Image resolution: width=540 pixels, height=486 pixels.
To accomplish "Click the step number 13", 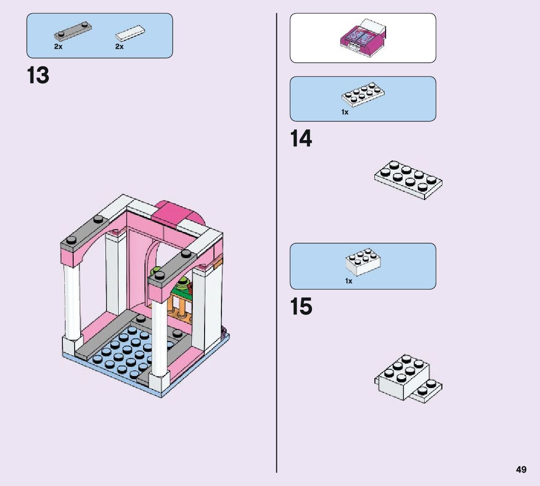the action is (x=38, y=75).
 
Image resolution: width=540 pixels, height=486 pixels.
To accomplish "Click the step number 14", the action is (x=301, y=139).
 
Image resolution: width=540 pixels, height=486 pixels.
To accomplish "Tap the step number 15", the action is (x=301, y=307).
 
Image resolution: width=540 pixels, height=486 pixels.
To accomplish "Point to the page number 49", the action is (x=521, y=470).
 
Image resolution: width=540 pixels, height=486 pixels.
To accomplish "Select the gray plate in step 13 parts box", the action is (x=73, y=31).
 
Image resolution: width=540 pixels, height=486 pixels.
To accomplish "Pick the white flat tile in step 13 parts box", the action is (x=130, y=32).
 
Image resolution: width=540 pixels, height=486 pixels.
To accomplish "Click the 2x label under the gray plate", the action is (x=58, y=47).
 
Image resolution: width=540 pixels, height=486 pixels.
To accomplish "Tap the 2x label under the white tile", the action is (x=119, y=47).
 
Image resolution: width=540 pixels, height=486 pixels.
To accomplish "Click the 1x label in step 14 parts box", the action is (x=345, y=112).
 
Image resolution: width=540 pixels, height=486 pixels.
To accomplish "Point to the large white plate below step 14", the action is (x=408, y=179).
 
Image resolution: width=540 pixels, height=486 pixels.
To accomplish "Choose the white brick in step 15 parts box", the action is (x=363, y=262).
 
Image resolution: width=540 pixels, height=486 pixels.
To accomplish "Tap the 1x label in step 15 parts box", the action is (x=348, y=281).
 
